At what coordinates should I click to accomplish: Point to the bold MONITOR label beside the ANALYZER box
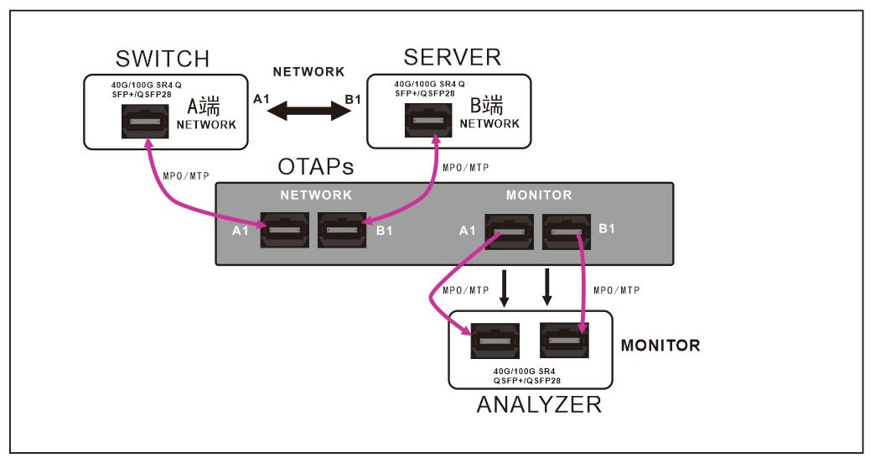[x=660, y=345]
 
